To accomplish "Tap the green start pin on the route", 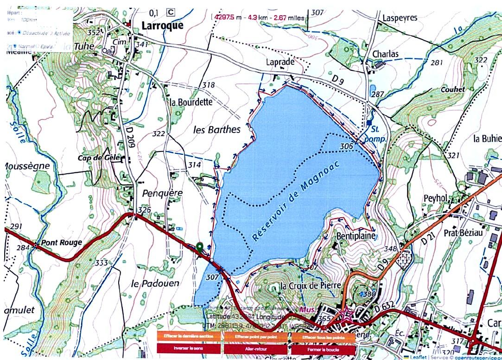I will click(200, 247).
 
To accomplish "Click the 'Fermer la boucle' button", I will click(323, 348).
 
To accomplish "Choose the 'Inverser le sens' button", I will click(189, 348).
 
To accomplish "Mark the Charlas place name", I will click(385, 54).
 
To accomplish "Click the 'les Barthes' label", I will click(216, 130).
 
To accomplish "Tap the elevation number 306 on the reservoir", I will click(346, 146).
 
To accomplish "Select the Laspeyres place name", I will click(400, 18).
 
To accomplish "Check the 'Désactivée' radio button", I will click(19, 32).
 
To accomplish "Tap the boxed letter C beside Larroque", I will click(171, 13).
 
